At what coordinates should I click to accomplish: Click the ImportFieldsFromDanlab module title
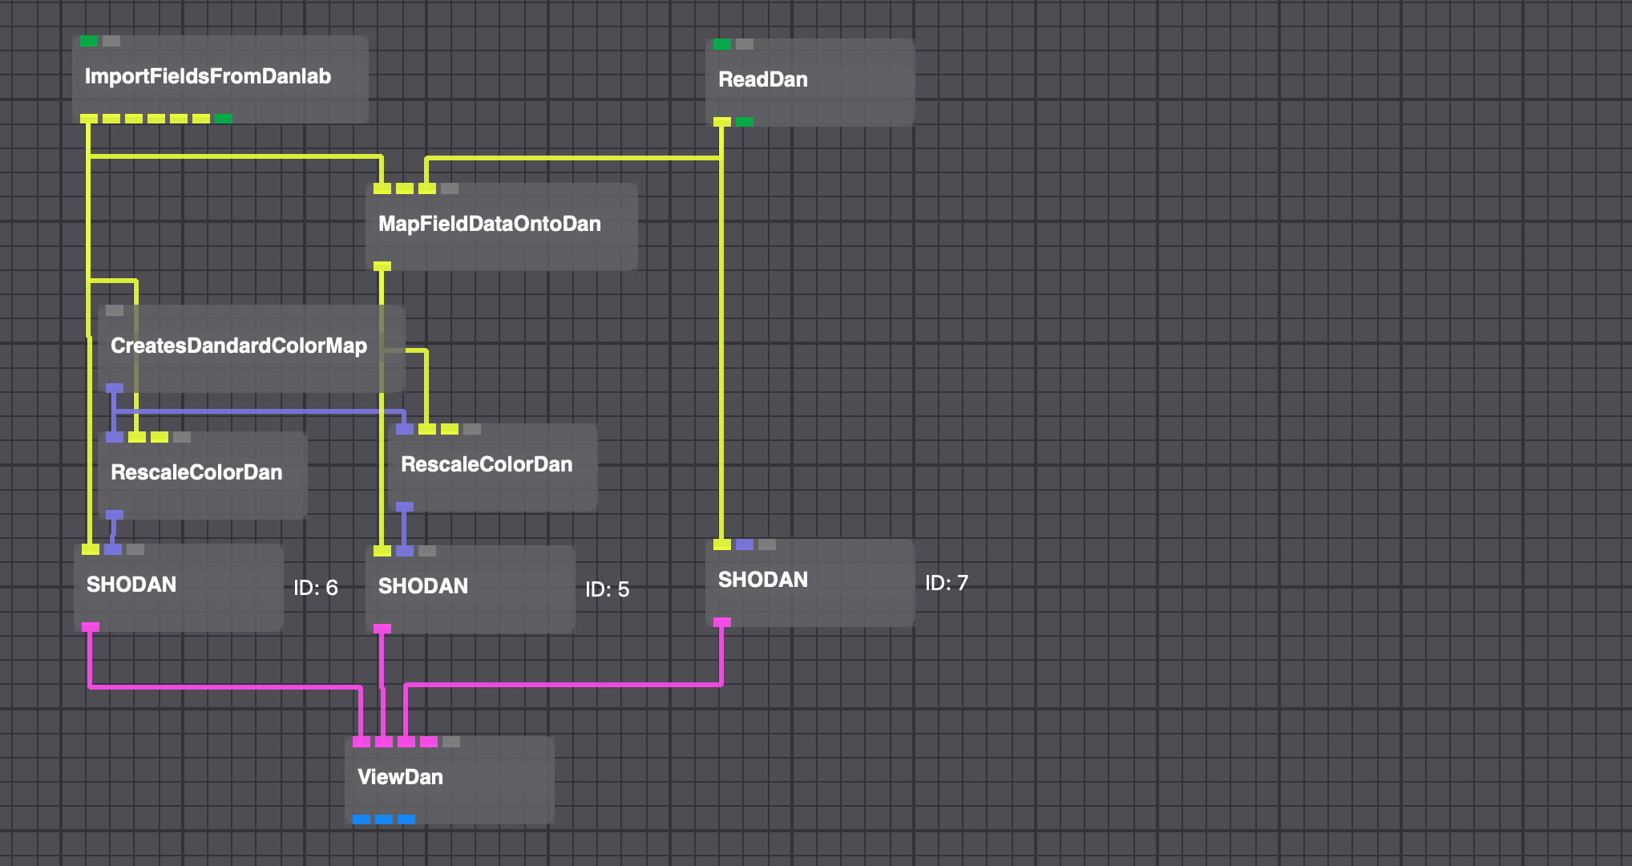pyautogui.click(x=208, y=76)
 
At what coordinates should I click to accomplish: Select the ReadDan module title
pyautogui.click(x=762, y=79)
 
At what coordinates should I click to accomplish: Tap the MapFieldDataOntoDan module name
pyautogui.click(x=489, y=224)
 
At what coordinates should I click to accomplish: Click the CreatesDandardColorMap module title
pyautogui.click(x=238, y=346)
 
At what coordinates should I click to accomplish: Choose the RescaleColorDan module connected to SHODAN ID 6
pyautogui.click(x=196, y=472)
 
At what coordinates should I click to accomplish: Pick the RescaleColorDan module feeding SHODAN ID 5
pyautogui.click(x=486, y=464)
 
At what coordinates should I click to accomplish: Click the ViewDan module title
pyautogui.click(x=400, y=777)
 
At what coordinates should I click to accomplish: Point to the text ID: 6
pyautogui.click(x=315, y=588)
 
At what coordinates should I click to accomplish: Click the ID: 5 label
pyautogui.click(x=607, y=589)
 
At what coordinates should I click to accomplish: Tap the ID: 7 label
pyautogui.click(x=946, y=583)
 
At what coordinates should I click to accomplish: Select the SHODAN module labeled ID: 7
pyautogui.click(x=762, y=580)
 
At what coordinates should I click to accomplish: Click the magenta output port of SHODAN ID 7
pyautogui.click(x=722, y=622)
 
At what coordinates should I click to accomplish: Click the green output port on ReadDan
pyautogui.click(x=745, y=122)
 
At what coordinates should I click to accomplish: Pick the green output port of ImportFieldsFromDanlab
pyautogui.click(x=224, y=119)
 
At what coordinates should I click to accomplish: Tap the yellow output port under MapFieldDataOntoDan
pyautogui.click(x=382, y=266)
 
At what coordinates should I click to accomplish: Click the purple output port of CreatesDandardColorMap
pyautogui.click(x=115, y=388)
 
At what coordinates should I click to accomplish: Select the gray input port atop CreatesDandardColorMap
pyautogui.click(x=115, y=310)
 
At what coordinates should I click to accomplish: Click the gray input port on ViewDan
pyautogui.click(x=451, y=742)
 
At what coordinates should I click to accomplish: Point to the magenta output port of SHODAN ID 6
pyautogui.click(x=91, y=627)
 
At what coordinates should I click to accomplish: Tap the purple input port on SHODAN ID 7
pyautogui.click(x=745, y=544)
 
